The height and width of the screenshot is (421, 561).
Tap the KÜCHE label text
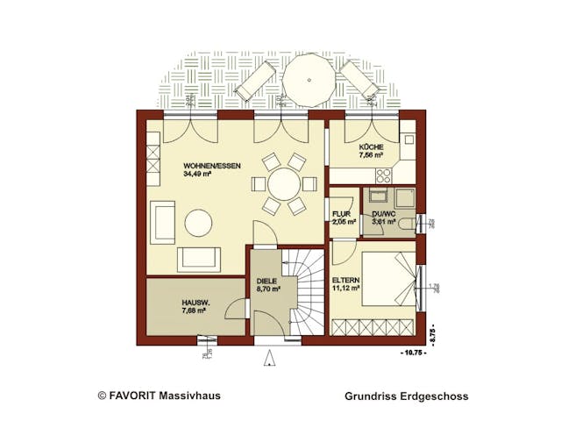coord(371,147)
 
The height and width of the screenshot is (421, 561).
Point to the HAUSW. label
coord(170,301)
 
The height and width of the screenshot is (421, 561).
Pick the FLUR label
coord(342,213)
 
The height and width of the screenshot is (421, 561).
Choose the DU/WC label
coord(384,213)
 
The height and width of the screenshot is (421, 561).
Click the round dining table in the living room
coord(282,184)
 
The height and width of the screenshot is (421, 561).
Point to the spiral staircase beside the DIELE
coord(303,289)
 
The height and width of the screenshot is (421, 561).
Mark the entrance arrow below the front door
coord(271,356)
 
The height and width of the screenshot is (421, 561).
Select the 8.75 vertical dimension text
coord(432,334)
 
